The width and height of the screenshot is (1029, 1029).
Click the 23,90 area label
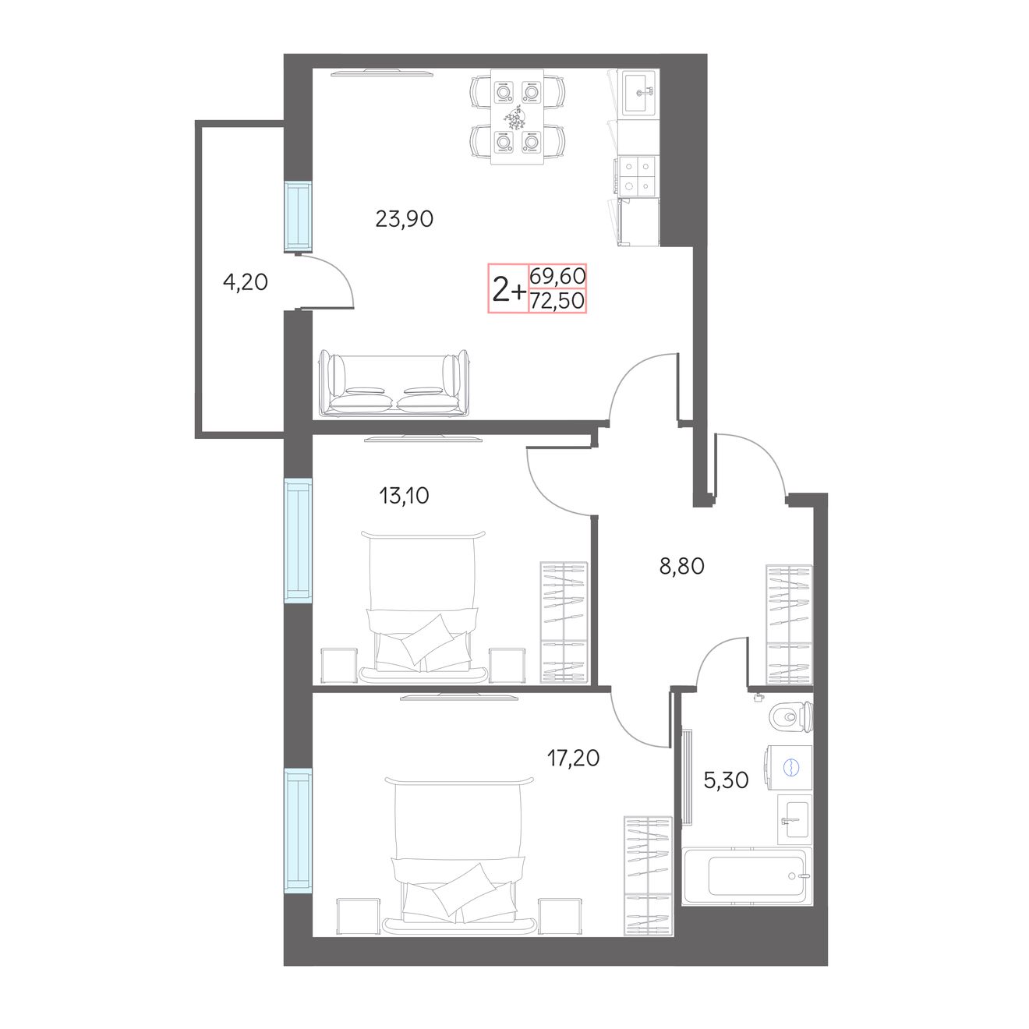pyautogui.click(x=405, y=219)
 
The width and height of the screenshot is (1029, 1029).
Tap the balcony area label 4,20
pyautogui.click(x=245, y=282)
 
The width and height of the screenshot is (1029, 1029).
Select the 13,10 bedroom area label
pyautogui.click(x=405, y=496)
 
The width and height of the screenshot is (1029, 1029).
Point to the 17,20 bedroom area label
pyautogui.click(x=573, y=758)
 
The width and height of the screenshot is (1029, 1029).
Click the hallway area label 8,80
pyautogui.click(x=682, y=567)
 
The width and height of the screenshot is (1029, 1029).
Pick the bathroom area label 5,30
pyautogui.click(x=726, y=780)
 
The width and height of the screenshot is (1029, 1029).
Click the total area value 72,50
pyautogui.click(x=557, y=301)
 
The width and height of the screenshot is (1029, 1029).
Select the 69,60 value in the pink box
pyautogui.click(x=557, y=276)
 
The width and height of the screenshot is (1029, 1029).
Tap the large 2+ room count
pyautogui.click(x=508, y=291)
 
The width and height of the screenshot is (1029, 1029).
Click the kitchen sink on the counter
pyautogui.click(x=638, y=94)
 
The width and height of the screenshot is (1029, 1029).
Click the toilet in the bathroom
pyautogui.click(x=792, y=716)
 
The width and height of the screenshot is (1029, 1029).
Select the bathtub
pyautogui.click(x=747, y=875)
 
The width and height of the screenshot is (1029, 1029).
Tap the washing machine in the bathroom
pyautogui.click(x=789, y=767)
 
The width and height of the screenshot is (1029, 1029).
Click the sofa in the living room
pyautogui.click(x=394, y=384)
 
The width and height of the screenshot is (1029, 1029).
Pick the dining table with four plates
pyautogui.click(x=517, y=117)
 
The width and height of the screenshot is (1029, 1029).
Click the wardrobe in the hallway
pyautogui.click(x=789, y=624)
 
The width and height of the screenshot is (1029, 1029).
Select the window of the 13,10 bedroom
pyautogui.click(x=298, y=540)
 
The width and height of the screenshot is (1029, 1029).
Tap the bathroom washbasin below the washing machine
pyautogui.click(x=795, y=819)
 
